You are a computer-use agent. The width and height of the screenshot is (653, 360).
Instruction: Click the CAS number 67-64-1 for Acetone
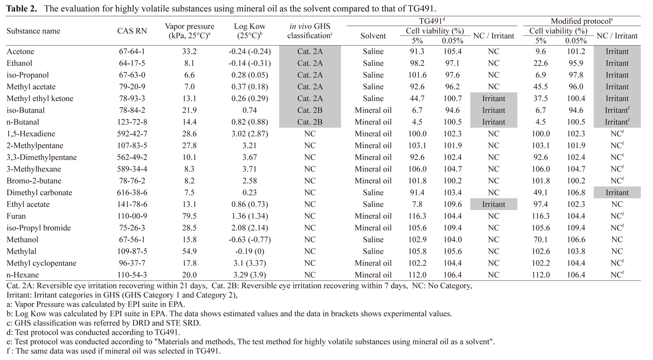click(x=132, y=52)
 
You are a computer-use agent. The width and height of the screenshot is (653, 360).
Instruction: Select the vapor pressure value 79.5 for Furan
click(x=189, y=216)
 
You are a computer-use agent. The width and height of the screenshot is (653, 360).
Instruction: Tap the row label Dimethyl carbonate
click(x=39, y=193)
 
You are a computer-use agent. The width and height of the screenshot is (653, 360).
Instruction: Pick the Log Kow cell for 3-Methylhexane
click(x=249, y=169)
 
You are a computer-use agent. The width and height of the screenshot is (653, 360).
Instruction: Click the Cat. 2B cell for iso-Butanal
click(x=310, y=111)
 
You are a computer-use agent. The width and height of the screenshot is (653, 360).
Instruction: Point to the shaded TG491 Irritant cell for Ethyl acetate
click(x=494, y=204)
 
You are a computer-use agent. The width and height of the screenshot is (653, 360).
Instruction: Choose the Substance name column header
click(x=33, y=31)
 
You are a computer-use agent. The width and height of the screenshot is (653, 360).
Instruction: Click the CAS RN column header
click(x=132, y=31)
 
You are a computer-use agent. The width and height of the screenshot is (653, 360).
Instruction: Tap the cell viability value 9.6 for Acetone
click(x=541, y=52)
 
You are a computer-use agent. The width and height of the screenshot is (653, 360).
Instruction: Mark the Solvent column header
click(x=373, y=36)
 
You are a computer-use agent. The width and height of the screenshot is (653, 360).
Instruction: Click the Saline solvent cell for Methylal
click(x=373, y=251)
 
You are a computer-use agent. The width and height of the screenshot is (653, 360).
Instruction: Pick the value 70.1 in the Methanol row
click(x=541, y=240)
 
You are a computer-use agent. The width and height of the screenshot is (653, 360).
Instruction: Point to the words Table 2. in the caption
click(x=22, y=8)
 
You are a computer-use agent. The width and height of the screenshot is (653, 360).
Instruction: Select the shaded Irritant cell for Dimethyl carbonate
click(x=617, y=193)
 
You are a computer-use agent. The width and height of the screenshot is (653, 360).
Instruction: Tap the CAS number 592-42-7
click(x=132, y=134)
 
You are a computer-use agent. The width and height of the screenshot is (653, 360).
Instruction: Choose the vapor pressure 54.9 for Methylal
click(x=189, y=251)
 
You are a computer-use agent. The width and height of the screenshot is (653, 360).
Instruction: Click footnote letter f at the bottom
click(x=8, y=351)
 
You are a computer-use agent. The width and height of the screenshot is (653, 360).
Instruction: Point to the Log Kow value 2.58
click(x=249, y=181)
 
